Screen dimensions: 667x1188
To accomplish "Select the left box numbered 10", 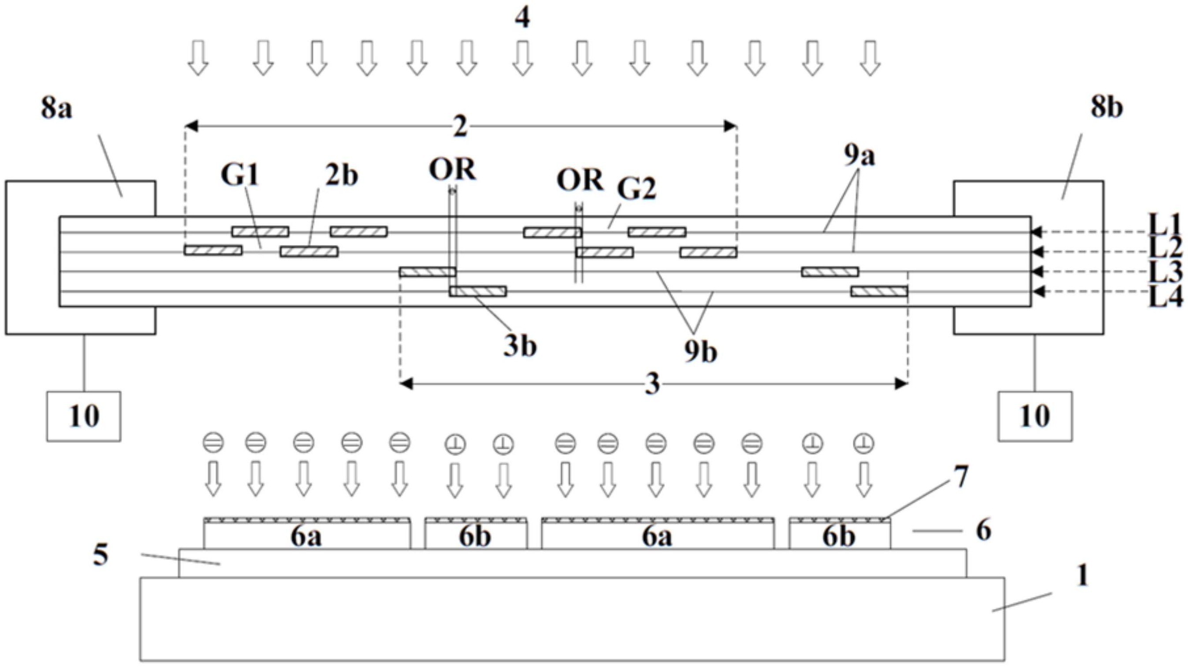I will [84, 416].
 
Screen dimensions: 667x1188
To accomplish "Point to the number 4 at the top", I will [523, 19].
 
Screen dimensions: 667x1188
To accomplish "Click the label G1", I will [240, 175].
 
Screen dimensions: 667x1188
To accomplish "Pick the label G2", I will [636, 188].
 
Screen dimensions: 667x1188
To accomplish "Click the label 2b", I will [341, 175].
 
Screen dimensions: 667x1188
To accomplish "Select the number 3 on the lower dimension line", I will [652, 384].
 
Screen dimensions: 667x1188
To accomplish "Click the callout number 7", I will [961, 477].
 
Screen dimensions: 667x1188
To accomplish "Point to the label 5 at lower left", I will [100, 555].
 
